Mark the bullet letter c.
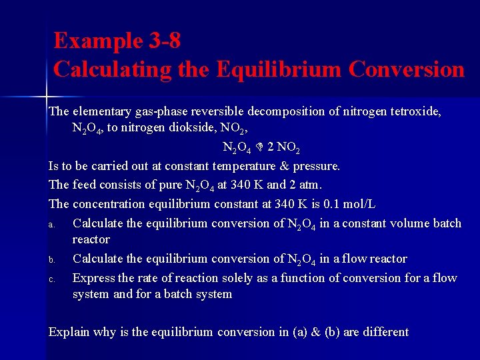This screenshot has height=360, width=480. click(51, 279)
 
